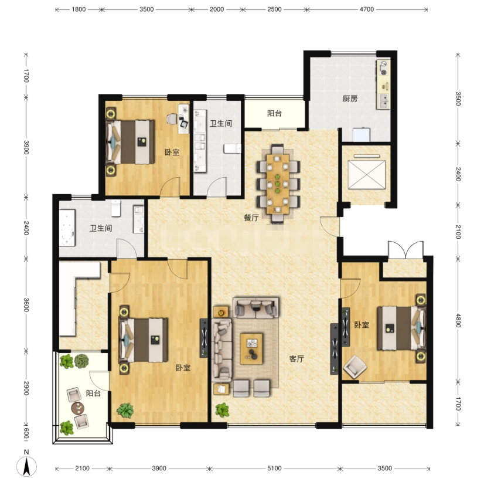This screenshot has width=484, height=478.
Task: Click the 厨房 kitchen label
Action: pyautogui.click(x=350, y=99)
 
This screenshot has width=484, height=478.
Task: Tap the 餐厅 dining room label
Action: pyautogui.click(x=251, y=218)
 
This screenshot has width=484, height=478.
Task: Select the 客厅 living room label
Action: pyautogui.click(x=296, y=358)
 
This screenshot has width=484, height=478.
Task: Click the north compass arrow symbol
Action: pyautogui.click(x=26, y=466)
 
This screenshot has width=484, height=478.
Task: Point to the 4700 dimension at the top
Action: pyautogui.click(x=367, y=9)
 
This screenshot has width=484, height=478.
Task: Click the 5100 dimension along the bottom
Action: pyautogui.click(x=274, y=469)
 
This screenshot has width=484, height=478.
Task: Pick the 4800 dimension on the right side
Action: pyautogui.click(x=458, y=320)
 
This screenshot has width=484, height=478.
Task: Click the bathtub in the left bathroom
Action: pyautogui.click(x=67, y=228)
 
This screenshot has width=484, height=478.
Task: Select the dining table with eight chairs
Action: pyautogui.click(x=278, y=184)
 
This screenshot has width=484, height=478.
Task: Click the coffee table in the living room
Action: pyautogui.click(x=251, y=348)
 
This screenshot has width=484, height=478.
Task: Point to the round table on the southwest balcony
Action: pyautogui.click(x=77, y=408)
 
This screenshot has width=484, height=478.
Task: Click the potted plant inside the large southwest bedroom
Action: pyautogui.click(x=125, y=411)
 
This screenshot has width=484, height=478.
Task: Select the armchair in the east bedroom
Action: pyautogui.click(x=355, y=367)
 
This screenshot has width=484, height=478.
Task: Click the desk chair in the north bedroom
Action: pyautogui.click(x=172, y=118)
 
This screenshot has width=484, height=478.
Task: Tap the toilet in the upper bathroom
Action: pyautogui.click(x=233, y=148)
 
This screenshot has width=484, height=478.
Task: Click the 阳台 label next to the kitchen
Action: pyautogui.click(x=274, y=113)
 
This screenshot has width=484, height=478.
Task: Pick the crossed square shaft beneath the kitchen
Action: pyautogui.click(x=367, y=174)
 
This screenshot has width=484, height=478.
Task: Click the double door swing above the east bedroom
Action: pyautogui.click(x=405, y=250)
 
